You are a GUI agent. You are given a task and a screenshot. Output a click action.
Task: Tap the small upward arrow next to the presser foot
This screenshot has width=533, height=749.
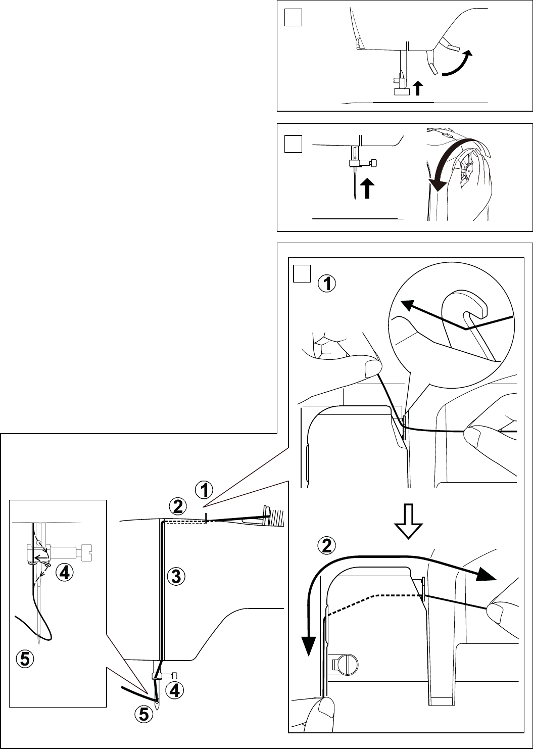click(x=417, y=89)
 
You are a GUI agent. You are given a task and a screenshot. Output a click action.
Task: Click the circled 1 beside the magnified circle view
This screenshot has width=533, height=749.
click(x=327, y=285)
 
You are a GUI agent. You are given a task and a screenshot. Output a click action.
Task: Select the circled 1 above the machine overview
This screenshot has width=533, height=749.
click(x=204, y=490)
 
